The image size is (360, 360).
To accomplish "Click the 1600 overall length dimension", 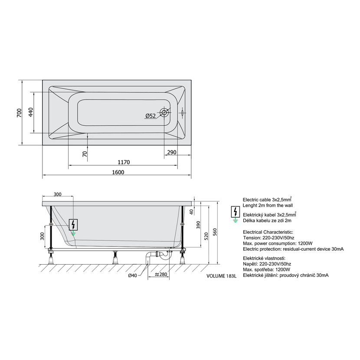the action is (118, 172).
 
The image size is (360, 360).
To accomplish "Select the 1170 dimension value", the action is (124, 162).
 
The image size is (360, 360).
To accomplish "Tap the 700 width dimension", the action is (19, 113).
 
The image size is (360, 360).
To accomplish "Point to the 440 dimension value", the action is (31, 112).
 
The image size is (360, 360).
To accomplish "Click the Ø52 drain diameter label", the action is (151, 116).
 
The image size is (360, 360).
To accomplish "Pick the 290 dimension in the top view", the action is (172, 152).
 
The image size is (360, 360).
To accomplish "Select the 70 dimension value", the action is (85, 154).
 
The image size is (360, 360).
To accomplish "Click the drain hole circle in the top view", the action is (164, 112).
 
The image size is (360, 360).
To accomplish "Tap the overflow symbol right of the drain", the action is (182, 113).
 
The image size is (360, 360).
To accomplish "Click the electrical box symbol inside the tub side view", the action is (73, 225).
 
